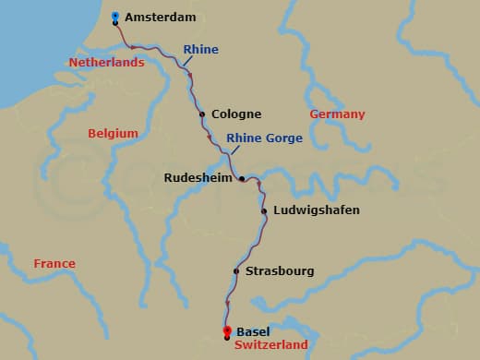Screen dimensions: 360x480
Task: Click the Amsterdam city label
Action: (162, 18)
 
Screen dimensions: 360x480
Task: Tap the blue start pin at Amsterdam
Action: (115, 17)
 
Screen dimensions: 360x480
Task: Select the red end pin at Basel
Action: (227, 331)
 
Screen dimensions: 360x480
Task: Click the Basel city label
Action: (254, 331)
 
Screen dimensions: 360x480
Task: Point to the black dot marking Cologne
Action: (202, 115)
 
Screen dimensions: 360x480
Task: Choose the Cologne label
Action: (236, 114)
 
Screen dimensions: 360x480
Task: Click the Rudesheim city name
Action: (198, 178)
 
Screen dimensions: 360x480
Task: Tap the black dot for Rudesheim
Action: (242, 179)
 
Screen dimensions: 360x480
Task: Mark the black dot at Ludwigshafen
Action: (265, 211)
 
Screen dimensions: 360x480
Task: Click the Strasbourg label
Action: (280, 271)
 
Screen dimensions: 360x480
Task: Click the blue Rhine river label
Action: (200, 50)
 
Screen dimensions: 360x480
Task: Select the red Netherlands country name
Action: (107, 63)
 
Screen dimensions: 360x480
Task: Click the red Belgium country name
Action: (113, 134)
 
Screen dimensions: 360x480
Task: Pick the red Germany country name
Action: (337, 114)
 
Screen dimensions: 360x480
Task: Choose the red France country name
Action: (54, 263)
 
